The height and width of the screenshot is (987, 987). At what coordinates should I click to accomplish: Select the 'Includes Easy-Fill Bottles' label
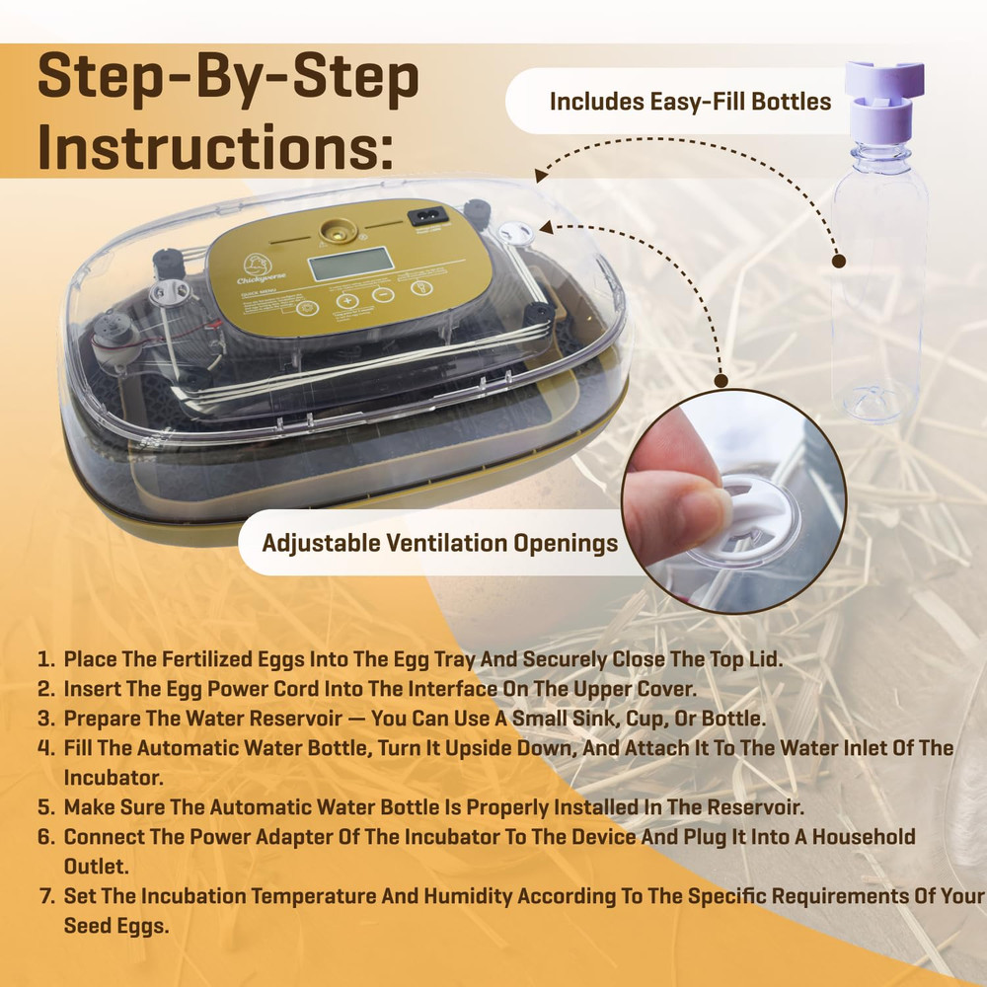click(x=690, y=102)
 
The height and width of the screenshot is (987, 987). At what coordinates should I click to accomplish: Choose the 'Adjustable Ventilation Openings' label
click(x=439, y=543)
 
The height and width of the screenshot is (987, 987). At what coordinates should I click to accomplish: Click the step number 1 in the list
click(x=44, y=659)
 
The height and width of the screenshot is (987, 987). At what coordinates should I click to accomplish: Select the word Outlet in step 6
click(x=97, y=867)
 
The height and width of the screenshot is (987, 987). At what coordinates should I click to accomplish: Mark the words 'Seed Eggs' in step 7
click(x=112, y=926)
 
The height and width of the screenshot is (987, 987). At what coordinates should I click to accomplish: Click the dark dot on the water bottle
click(x=838, y=262)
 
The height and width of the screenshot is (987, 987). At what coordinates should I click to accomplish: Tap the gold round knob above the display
click(x=337, y=228)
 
